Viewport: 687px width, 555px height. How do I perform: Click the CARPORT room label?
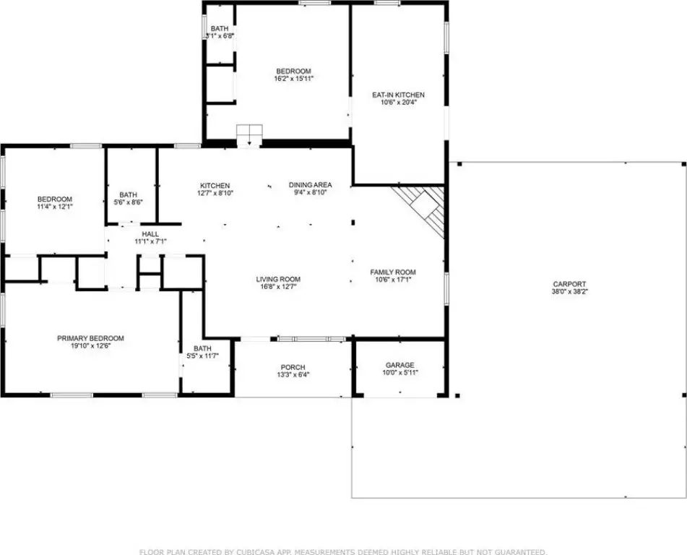tap(569, 284)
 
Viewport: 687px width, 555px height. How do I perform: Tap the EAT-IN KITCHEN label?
tap(398, 95)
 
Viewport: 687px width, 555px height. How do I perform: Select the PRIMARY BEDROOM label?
tap(91, 338)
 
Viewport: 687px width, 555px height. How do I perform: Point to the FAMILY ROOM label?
tap(393, 272)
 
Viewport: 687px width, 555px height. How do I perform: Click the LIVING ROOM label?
tap(278, 279)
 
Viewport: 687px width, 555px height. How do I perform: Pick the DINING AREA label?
tap(310, 185)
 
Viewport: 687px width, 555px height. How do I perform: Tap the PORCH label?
tap(293, 367)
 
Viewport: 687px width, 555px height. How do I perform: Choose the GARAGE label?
tap(400, 365)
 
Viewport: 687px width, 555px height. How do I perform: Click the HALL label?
tap(150, 234)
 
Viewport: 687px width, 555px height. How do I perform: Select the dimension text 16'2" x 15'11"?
tap(293, 79)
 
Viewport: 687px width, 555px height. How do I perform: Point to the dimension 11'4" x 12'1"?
tap(55, 206)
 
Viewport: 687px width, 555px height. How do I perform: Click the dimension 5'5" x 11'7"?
tap(202, 356)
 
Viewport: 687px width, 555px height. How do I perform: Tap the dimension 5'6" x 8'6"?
tap(129, 202)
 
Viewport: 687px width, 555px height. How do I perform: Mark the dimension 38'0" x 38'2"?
tap(569, 291)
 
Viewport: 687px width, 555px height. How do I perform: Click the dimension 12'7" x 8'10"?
tap(215, 192)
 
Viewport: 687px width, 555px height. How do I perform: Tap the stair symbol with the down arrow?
tap(249, 135)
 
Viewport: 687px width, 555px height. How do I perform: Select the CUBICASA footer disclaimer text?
tap(343, 551)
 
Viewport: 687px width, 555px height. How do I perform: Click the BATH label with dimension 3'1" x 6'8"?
tap(219, 29)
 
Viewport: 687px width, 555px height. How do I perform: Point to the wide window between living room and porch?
tap(312, 339)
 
